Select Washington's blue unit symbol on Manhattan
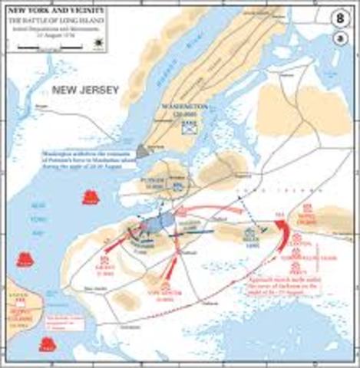(187, 129)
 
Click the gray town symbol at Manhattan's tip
(141, 151)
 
